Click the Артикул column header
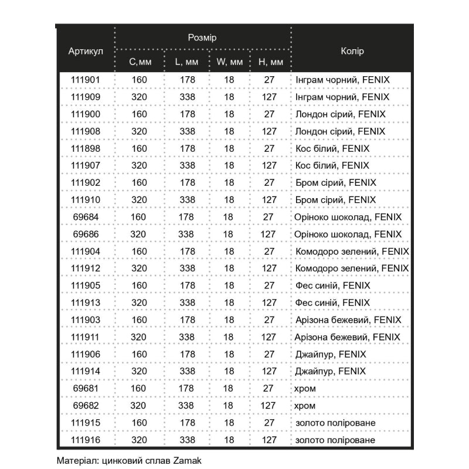(x=86, y=51)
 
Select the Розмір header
(x=202, y=38)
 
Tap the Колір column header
(x=352, y=51)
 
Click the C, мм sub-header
(x=140, y=62)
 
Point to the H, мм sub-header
(x=271, y=62)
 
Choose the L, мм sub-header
(x=186, y=62)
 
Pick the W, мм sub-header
(x=229, y=62)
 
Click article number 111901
(x=86, y=80)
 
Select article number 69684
(x=86, y=217)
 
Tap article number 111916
(x=86, y=440)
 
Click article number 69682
(x=86, y=406)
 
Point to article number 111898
(x=86, y=148)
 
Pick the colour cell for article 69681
(x=306, y=389)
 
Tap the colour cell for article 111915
(x=336, y=423)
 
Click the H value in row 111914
(x=269, y=372)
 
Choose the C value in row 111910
(x=140, y=200)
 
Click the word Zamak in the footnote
(x=188, y=461)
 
